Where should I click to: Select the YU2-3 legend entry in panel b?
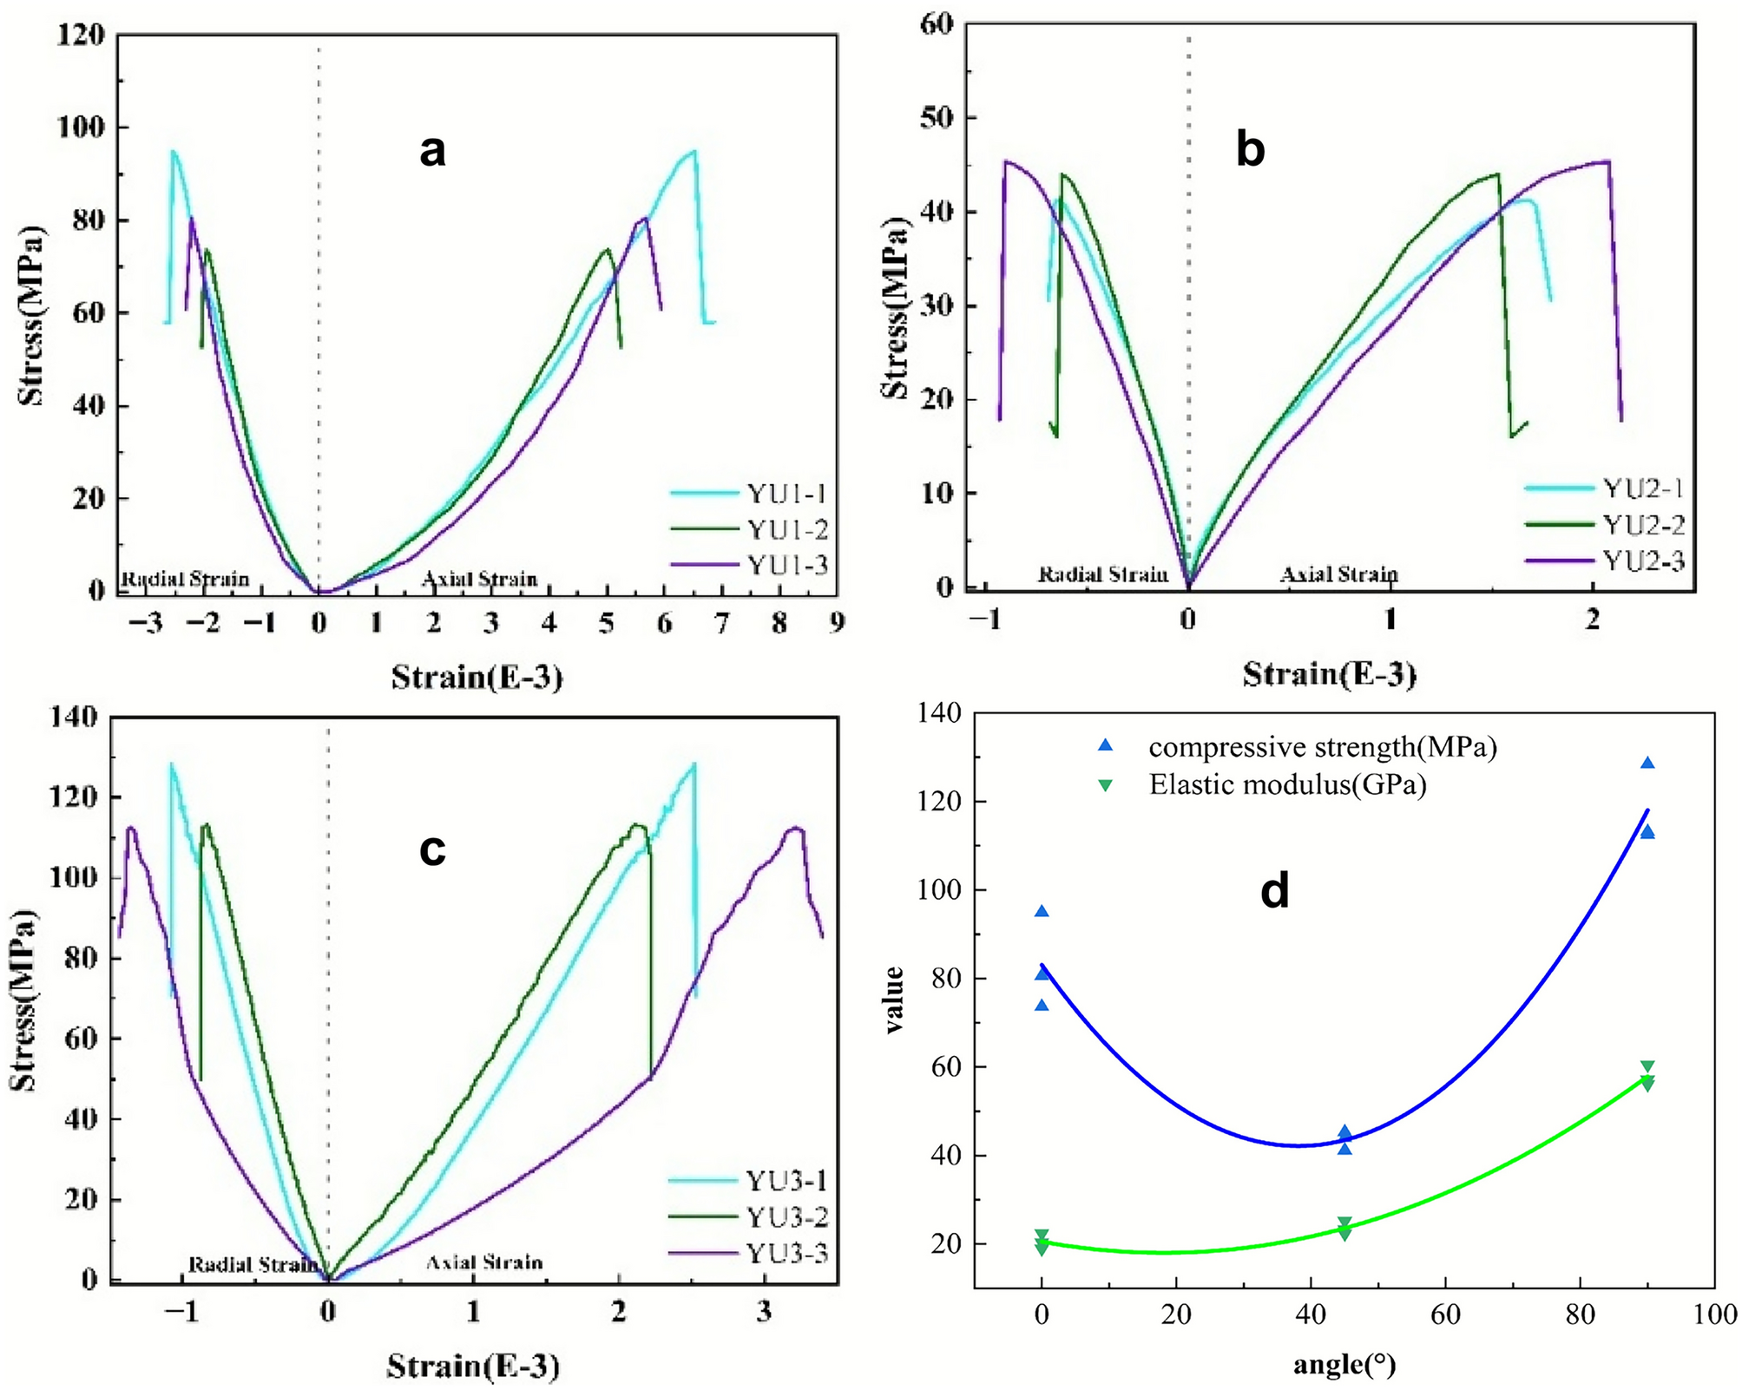(1643, 561)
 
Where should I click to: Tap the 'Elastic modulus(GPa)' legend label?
(1288, 784)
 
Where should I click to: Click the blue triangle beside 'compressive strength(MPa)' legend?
(1105, 745)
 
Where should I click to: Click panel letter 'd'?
(1274, 891)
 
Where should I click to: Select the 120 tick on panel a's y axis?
(81, 35)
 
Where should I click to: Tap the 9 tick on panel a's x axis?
(836, 623)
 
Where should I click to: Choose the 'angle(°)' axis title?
(1344, 1365)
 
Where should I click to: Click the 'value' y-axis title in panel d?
(894, 1000)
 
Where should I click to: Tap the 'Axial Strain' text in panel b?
(1338, 574)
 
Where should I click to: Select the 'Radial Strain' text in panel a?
(185, 579)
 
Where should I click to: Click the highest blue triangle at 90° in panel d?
(1647, 764)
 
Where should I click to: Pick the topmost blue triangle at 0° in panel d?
(1042, 911)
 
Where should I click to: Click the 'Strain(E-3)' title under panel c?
(473, 1367)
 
